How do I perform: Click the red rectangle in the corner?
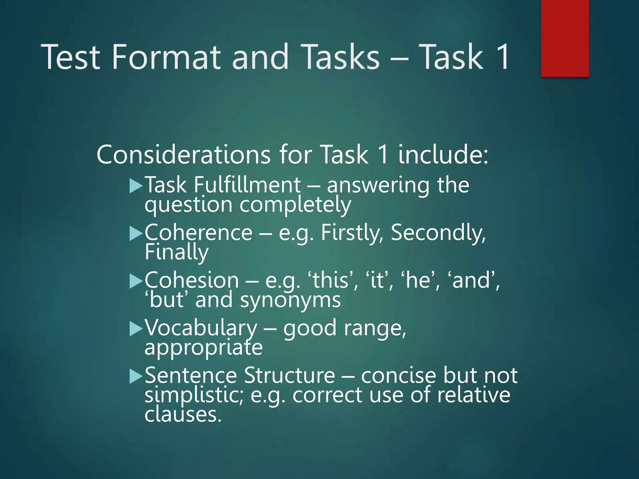coord(565,38)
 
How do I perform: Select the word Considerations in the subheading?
coord(183,155)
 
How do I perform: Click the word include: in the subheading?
coord(443,155)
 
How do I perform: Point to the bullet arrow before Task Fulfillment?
coord(136,186)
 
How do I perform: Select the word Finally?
coord(177,252)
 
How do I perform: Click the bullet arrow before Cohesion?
coord(136,281)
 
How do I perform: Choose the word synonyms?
coord(290,300)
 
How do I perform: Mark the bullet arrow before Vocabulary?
coord(136,329)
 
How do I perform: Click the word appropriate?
coord(203,348)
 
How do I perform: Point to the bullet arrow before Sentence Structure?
coord(136,376)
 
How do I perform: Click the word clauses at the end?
coord(183,414)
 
